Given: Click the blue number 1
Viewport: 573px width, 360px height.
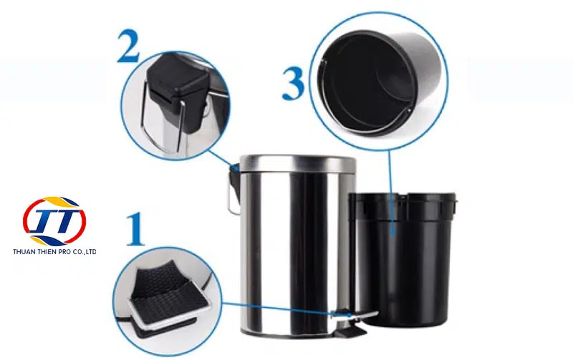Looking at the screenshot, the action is tap(135, 230).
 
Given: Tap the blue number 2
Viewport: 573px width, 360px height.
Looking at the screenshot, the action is tap(128, 47).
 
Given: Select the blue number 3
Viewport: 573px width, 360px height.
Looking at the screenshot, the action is tap(293, 84).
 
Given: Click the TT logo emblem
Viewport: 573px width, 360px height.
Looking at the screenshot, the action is tap(54, 221).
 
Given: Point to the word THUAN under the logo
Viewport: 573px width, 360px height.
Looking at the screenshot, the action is tap(23, 252).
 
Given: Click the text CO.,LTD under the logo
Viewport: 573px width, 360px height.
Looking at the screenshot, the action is tap(85, 252).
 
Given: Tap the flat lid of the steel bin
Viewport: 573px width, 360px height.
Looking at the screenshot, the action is tap(298, 163).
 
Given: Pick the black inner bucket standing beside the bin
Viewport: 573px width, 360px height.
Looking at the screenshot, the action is tap(402, 259).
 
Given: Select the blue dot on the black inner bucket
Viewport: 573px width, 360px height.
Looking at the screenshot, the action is tap(392, 231).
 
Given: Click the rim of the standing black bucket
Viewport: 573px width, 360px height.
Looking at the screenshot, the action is tap(403, 198).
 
